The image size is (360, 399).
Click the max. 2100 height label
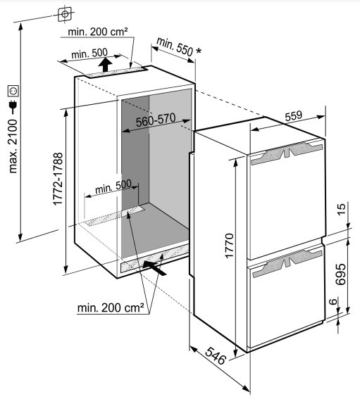13,146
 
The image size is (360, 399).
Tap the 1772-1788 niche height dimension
58,179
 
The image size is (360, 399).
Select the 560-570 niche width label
156,120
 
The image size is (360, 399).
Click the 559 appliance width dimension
294,116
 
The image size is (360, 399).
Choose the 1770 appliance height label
229,246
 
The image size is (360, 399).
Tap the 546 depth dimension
216,355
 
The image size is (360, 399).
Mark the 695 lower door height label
341,274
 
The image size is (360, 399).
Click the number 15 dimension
342,209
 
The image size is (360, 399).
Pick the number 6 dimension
333,302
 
